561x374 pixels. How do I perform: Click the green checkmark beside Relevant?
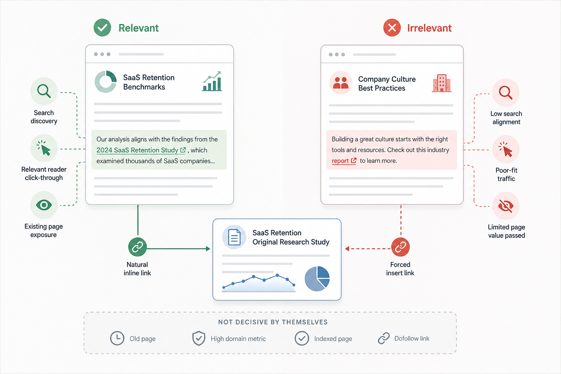(x=102, y=27)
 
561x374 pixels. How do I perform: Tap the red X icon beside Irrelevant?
(x=392, y=27)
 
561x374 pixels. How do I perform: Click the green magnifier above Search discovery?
(x=44, y=91)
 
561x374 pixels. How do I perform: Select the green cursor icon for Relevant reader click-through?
(x=44, y=148)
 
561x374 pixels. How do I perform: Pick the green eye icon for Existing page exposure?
(x=44, y=205)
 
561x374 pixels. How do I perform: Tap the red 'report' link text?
(x=340, y=161)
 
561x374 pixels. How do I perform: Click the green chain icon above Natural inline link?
(x=137, y=247)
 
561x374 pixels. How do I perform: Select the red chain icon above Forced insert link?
(x=400, y=247)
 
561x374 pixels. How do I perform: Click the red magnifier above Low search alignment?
(x=505, y=92)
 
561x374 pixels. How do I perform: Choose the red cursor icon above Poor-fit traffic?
(x=505, y=149)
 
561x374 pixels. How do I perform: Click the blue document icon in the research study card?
(x=234, y=237)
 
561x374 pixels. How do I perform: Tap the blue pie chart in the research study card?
(x=317, y=279)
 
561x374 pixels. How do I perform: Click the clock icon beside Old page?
(x=117, y=339)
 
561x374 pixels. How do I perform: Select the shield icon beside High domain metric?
(x=199, y=338)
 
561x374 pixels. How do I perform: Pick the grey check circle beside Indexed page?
(x=302, y=339)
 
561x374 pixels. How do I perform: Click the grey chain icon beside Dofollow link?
(x=384, y=339)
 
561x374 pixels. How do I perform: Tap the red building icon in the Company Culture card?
(x=442, y=83)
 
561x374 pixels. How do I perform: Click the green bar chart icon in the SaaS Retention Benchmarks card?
(x=212, y=81)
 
